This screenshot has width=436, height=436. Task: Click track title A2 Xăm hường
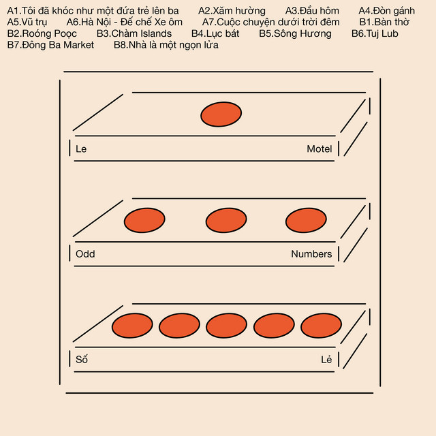coord(232,11)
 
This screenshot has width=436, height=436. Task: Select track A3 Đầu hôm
coord(312,11)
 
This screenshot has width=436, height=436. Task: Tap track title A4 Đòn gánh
coord(386,11)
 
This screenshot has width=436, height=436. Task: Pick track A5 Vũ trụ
coord(27,22)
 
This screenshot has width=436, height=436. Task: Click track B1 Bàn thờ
coord(384,22)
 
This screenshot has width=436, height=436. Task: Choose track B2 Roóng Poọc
coord(42,33)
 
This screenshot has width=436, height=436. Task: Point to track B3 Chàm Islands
coord(134,33)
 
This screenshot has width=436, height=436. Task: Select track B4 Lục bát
coord(215,33)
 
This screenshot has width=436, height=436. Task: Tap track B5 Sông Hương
coord(295,33)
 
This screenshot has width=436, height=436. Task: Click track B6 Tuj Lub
coord(375,33)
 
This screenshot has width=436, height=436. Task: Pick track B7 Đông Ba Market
coord(50,45)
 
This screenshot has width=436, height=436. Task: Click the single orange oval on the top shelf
coord(221,114)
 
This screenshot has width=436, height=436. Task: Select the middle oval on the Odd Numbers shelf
coord(226,220)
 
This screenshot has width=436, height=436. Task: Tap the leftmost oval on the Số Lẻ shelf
coord(132,326)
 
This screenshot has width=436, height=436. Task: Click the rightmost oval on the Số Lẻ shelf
coord(321,326)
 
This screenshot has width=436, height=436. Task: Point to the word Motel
coord(320,149)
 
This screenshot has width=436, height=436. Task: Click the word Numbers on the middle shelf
coord(311,254)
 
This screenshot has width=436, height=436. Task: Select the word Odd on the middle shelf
coord(85,254)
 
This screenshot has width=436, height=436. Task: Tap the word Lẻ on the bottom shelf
coord(326,359)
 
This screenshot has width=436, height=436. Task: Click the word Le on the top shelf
coord(81,149)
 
